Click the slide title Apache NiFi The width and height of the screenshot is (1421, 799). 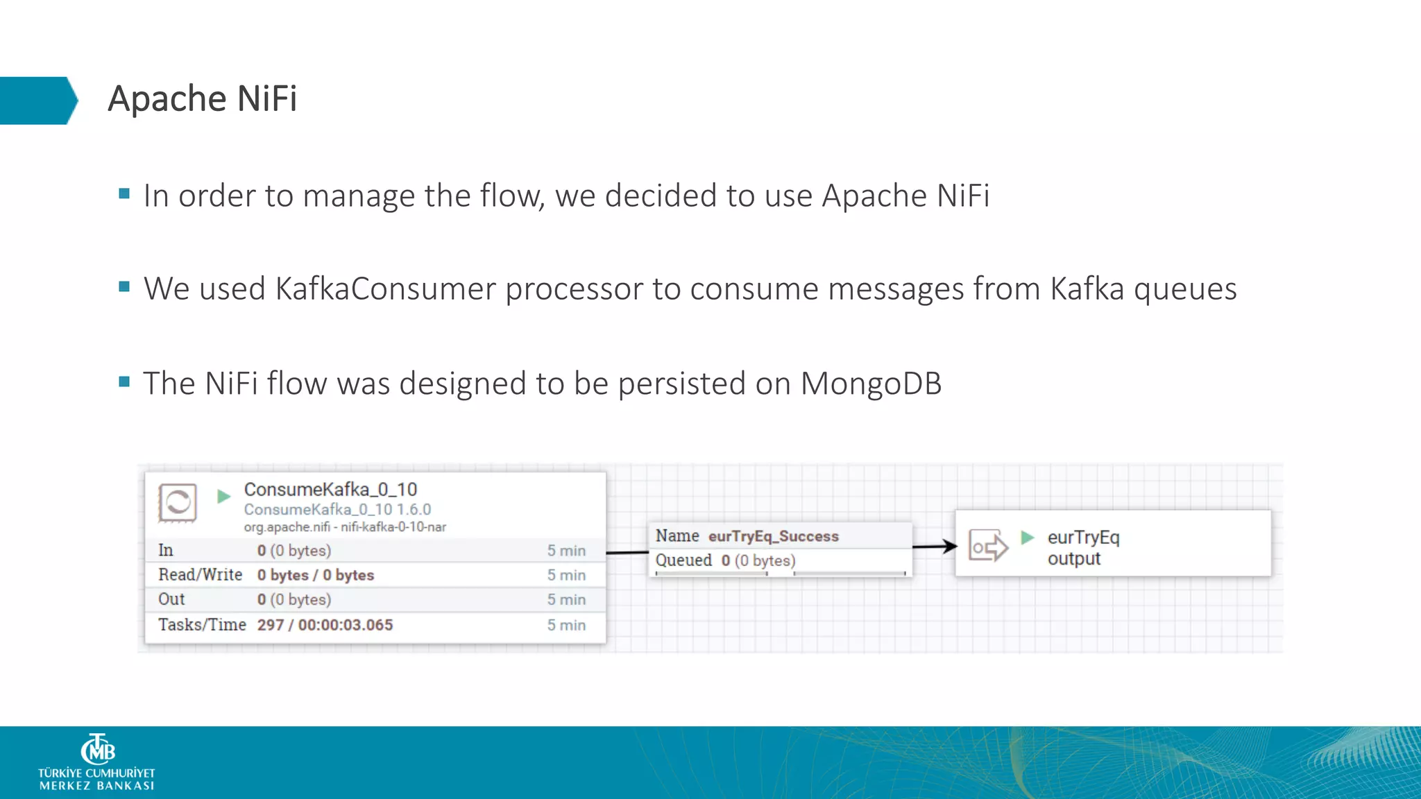[x=202, y=98]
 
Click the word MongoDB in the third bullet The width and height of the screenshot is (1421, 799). [x=871, y=384]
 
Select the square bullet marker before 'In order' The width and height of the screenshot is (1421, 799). [x=124, y=194]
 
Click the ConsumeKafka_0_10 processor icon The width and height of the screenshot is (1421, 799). [x=178, y=502]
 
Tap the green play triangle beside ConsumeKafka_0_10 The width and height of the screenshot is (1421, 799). [x=223, y=497]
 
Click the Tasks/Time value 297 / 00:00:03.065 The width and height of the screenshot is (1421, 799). [x=325, y=625]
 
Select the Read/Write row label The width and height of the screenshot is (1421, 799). [x=200, y=575]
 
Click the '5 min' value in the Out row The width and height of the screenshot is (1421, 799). [x=566, y=600]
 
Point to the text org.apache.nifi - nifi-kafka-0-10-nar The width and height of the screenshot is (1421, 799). [x=345, y=527]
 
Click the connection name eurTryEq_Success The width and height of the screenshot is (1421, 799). [x=773, y=536]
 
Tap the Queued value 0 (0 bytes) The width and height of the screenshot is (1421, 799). [x=758, y=560]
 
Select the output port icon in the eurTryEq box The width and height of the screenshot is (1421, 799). [x=987, y=546]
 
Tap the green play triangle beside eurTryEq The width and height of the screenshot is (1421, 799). [x=1028, y=538]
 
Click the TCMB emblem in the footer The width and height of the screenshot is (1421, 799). [x=97, y=750]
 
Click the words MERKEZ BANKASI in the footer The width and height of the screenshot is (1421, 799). [x=96, y=786]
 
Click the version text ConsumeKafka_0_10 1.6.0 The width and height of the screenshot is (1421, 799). [x=337, y=510]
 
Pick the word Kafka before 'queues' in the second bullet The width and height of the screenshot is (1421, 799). [x=1087, y=289]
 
